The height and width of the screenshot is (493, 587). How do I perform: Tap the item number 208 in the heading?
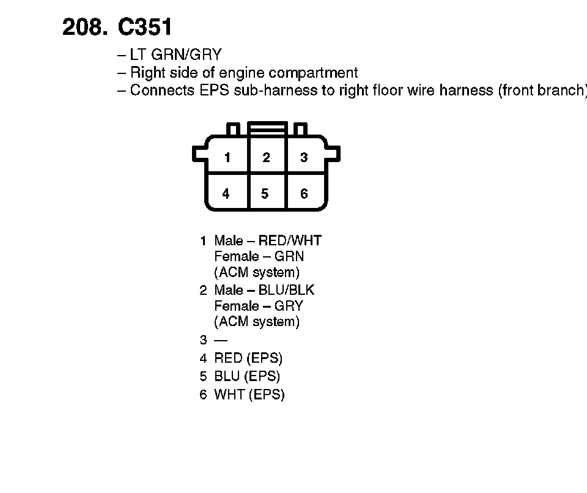coord(82,27)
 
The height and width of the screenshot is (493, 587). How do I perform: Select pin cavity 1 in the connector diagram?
coord(227,157)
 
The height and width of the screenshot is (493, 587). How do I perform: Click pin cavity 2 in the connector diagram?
coord(266,157)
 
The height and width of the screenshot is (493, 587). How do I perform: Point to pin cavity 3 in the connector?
coord(304,157)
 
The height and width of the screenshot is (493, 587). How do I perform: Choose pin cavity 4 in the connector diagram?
coord(226,194)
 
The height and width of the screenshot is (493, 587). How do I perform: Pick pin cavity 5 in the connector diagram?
coord(265,194)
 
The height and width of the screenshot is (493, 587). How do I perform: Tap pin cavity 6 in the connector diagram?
coord(304,194)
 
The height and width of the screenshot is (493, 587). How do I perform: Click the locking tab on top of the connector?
coord(267,128)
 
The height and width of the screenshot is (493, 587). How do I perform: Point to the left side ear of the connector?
coord(200,154)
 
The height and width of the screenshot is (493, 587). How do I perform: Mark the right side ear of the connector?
coord(333,154)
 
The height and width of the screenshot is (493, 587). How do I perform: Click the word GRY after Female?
coord(289,306)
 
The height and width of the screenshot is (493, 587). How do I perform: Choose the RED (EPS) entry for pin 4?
coord(248,358)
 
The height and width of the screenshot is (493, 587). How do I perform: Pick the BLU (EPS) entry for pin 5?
coord(247,376)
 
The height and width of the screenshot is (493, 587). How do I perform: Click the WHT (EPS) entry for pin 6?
coord(249,395)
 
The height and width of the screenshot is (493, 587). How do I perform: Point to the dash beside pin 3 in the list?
coord(220,340)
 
